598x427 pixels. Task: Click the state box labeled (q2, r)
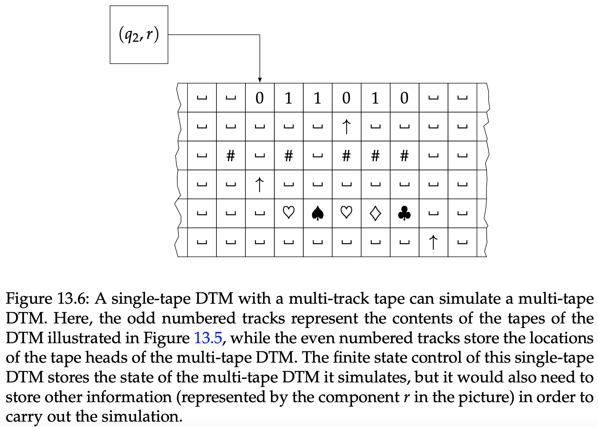(x=139, y=35)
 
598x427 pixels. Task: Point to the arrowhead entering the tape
(x=260, y=80)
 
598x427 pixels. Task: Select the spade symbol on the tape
(x=317, y=213)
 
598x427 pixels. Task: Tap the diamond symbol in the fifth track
(x=375, y=213)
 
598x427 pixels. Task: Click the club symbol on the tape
(x=404, y=213)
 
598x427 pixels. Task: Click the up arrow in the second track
(x=346, y=127)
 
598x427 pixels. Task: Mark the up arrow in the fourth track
(x=260, y=185)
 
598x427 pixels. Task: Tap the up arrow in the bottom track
(x=433, y=242)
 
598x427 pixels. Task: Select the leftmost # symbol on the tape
(x=230, y=156)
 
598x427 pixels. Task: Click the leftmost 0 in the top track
(x=260, y=98)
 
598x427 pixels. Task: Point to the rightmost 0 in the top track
(x=404, y=98)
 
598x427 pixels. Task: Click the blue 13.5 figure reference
(x=208, y=338)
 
